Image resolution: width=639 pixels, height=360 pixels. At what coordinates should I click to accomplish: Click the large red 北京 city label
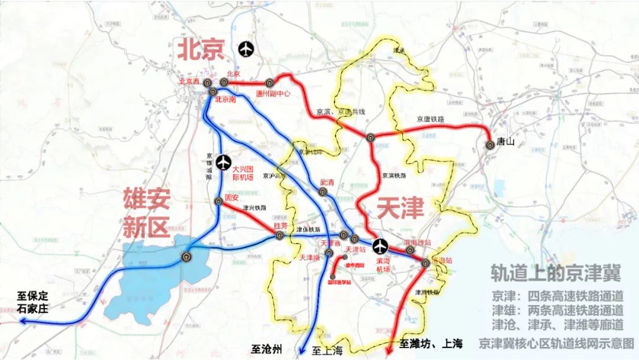click(202, 51)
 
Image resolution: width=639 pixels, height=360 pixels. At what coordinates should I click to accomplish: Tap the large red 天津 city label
click(401, 208)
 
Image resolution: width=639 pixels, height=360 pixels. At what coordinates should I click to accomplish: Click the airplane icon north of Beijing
click(246, 50)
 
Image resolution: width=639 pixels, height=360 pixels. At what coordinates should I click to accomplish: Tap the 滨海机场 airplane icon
click(380, 245)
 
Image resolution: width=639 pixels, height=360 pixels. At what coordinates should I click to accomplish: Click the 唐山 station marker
click(490, 144)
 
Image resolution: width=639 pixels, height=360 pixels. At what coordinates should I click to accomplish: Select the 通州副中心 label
click(273, 93)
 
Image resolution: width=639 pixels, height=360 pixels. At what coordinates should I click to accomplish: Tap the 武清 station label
click(327, 183)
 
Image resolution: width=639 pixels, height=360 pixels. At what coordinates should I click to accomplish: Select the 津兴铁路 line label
click(254, 208)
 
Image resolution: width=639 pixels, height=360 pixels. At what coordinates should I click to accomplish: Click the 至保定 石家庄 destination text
click(33, 301)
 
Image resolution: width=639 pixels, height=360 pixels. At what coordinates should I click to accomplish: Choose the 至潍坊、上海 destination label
click(430, 343)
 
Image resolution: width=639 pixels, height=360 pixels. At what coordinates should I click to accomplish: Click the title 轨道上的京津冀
click(556, 273)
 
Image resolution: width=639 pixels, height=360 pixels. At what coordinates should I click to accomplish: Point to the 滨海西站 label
click(417, 243)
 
